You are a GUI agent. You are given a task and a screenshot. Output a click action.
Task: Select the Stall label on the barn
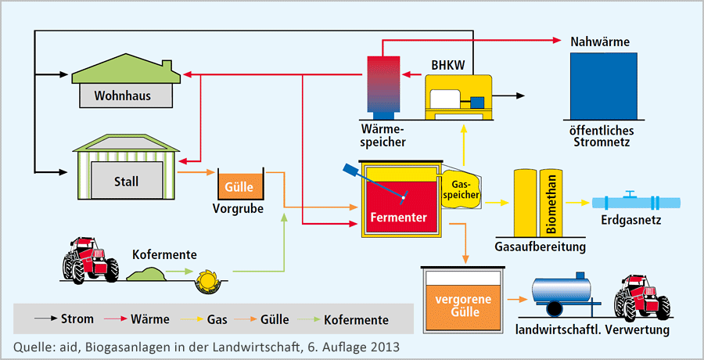point(125,182)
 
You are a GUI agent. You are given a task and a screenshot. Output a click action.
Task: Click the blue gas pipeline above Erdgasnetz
point(634,201)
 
